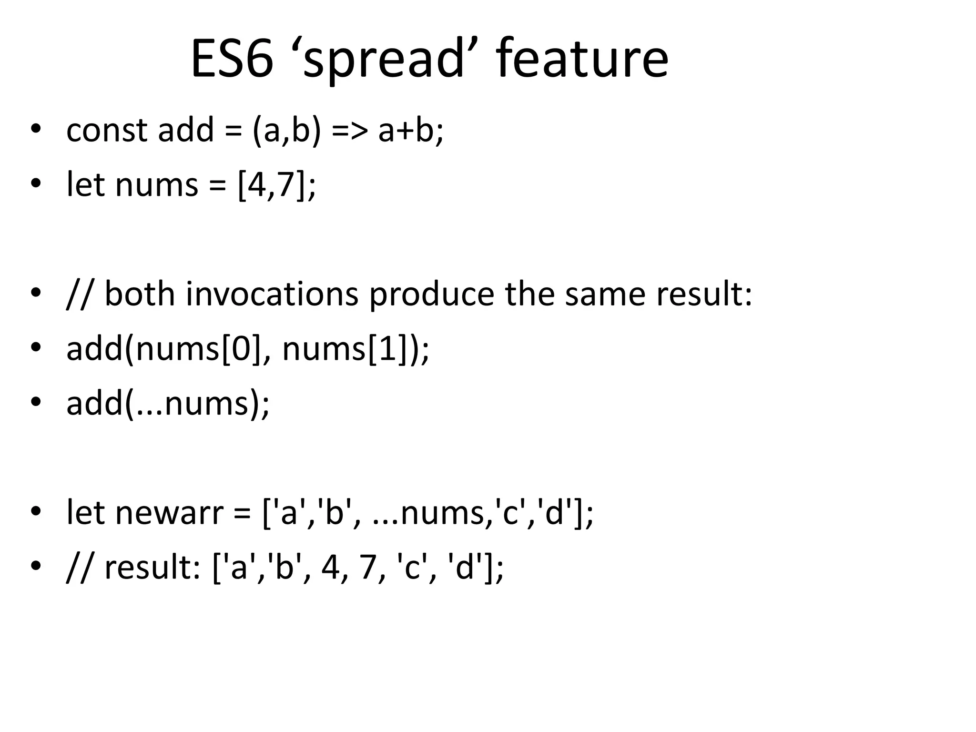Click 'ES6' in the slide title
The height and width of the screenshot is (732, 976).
coord(232,59)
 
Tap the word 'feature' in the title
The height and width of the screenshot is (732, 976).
coord(582,59)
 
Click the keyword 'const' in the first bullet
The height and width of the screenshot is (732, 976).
coord(106,130)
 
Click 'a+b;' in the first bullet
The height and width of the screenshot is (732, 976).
coord(410,130)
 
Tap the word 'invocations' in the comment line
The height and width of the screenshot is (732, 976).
coord(272,294)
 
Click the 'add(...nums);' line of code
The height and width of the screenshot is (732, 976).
coord(168,403)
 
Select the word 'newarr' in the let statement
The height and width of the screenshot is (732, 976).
coord(169,513)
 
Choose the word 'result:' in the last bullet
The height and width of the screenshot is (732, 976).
coord(152,568)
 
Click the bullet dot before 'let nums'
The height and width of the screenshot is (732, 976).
coord(35,184)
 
